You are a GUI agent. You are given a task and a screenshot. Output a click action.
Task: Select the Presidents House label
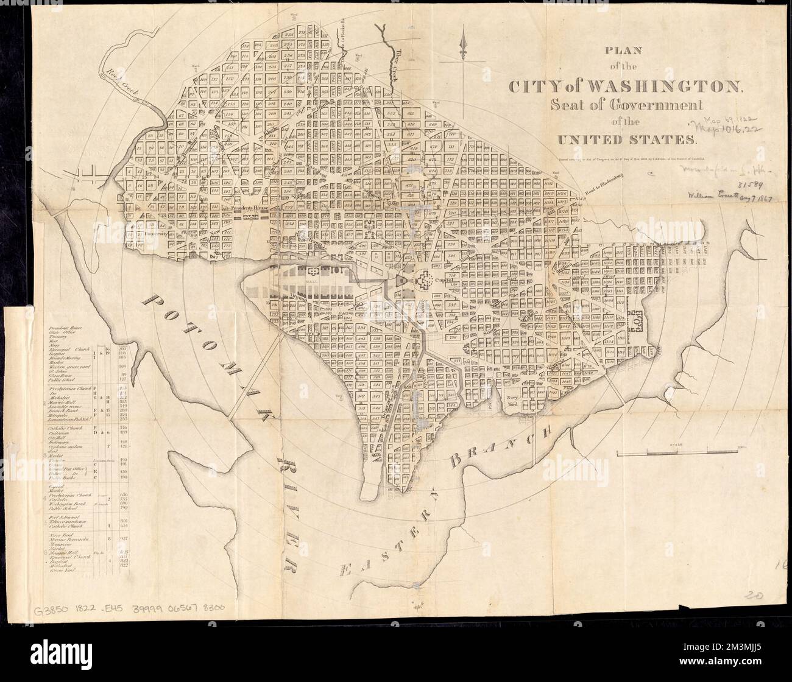click(250, 207)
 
